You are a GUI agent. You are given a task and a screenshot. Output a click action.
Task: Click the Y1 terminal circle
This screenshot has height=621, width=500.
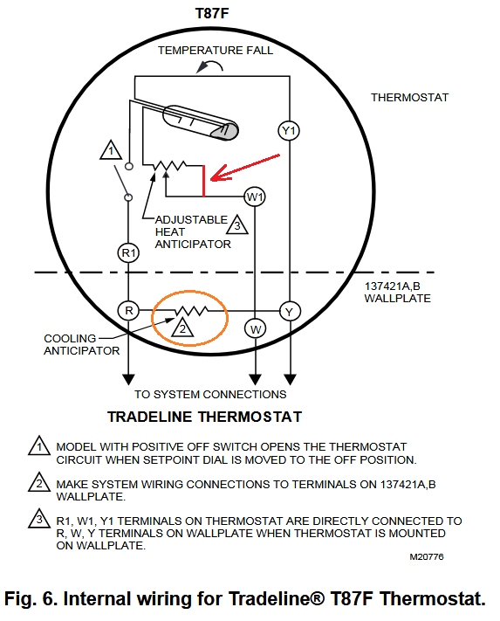[289, 131]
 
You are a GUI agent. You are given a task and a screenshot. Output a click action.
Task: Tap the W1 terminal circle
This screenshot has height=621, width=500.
[255, 197]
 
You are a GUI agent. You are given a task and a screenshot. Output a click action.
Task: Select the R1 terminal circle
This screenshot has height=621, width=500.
[128, 252]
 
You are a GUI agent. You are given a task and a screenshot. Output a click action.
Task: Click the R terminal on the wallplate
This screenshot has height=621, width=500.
[128, 311]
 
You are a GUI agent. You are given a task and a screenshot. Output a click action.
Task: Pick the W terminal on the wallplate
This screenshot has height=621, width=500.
[255, 328]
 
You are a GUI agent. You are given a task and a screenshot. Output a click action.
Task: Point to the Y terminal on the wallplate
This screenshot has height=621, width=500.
[290, 311]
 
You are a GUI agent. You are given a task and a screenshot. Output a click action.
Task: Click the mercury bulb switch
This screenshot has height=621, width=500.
[201, 122]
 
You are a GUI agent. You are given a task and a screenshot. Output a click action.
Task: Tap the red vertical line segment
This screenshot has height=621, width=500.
[203, 181]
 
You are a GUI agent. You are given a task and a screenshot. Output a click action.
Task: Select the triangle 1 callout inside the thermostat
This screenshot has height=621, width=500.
[111, 150]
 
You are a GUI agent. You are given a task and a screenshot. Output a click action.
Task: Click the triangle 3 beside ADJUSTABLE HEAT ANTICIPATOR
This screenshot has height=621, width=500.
[237, 225]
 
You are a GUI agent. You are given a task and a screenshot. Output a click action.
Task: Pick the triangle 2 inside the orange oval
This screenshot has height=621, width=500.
[182, 328]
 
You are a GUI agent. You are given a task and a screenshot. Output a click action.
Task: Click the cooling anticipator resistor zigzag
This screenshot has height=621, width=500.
[191, 311]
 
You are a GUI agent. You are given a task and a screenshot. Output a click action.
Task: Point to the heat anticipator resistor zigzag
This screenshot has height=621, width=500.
[170, 165]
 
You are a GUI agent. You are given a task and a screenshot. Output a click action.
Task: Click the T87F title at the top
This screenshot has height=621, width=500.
[212, 13]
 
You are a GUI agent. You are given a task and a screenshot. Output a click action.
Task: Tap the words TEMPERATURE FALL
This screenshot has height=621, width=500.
[216, 51]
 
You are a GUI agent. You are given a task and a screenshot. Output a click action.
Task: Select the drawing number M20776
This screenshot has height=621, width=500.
[427, 557]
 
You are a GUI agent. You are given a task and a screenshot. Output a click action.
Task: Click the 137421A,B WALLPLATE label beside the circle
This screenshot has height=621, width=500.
[397, 293]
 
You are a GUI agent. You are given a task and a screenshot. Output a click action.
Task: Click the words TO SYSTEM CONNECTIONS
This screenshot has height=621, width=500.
[210, 395]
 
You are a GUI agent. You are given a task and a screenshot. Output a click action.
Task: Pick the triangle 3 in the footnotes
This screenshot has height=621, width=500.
[39, 519]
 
